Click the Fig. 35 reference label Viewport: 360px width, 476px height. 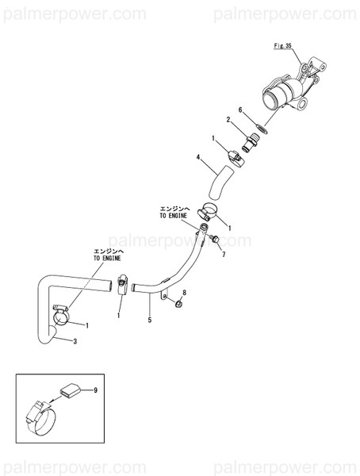(284, 48)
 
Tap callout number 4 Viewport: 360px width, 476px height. (199, 159)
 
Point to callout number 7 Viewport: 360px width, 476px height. (224, 255)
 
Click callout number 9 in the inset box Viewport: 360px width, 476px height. (95, 390)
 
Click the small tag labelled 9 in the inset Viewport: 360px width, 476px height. (68, 390)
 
